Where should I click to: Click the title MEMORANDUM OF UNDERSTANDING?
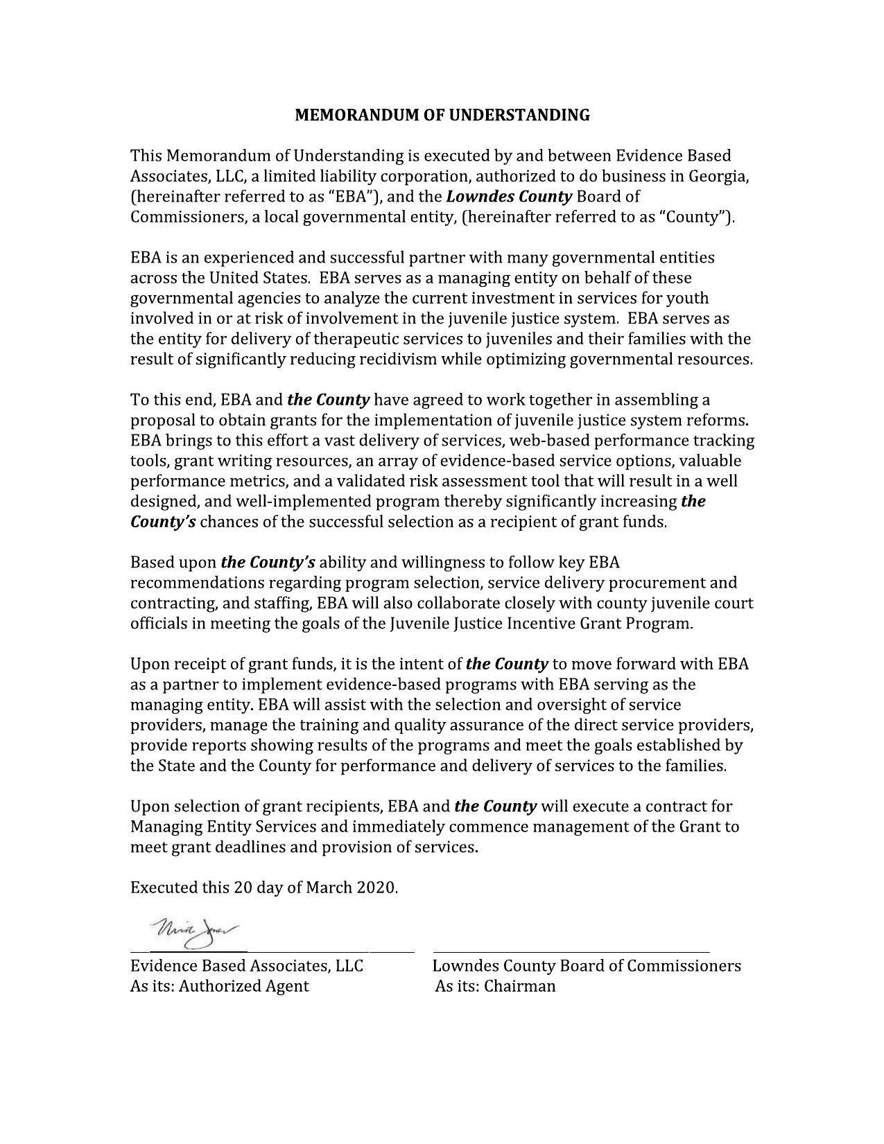point(442,115)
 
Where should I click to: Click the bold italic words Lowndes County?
point(509,197)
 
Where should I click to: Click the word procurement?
point(657,583)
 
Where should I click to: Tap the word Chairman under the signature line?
point(519,986)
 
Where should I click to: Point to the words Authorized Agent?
point(243,986)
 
